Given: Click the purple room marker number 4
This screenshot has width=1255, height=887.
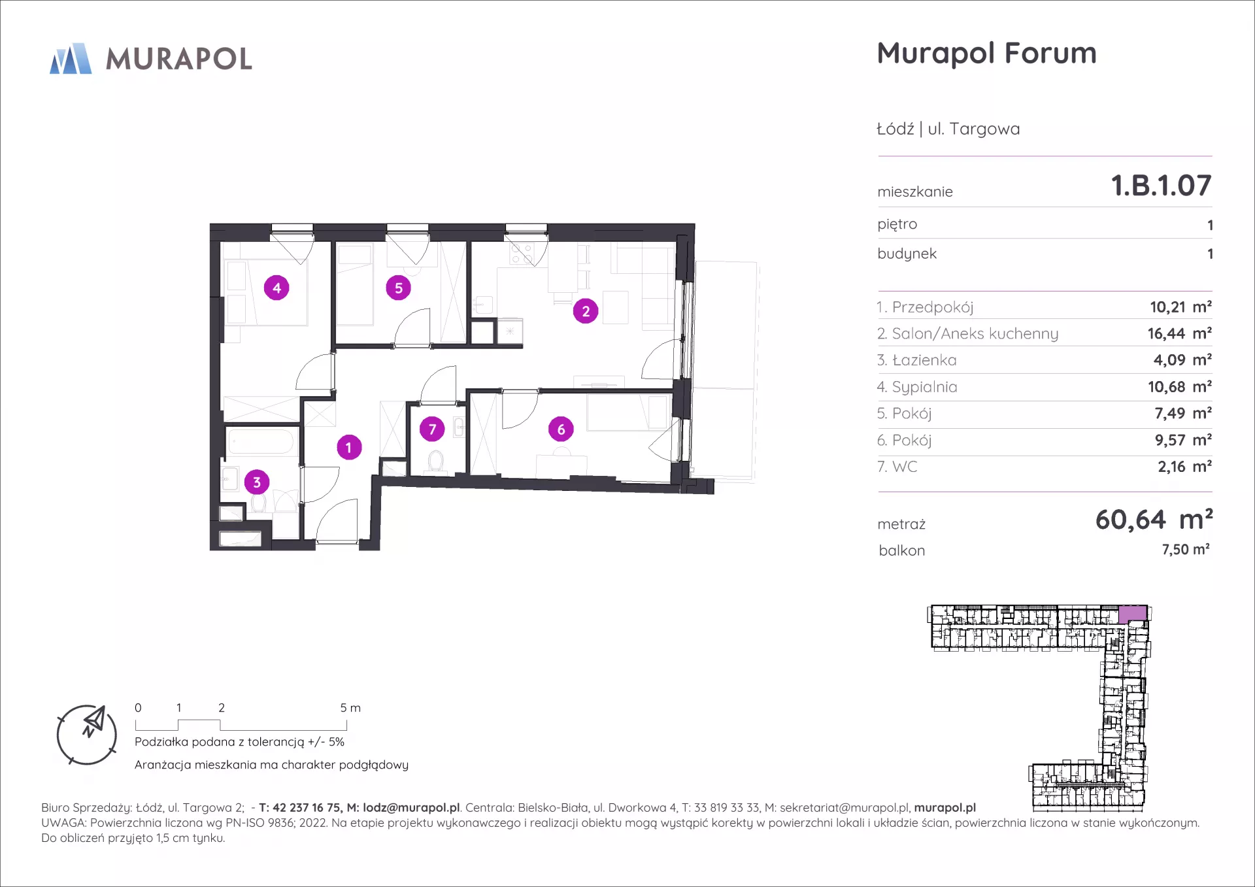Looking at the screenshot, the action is pyautogui.click(x=276, y=288).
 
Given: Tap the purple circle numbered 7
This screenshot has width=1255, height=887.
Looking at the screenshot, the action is pyautogui.click(x=432, y=429).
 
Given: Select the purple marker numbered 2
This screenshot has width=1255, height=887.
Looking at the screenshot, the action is pyautogui.click(x=586, y=311).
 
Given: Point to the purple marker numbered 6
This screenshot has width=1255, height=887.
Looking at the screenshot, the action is pyautogui.click(x=561, y=429).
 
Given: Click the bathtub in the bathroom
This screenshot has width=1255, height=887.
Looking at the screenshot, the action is pyautogui.click(x=260, y=441).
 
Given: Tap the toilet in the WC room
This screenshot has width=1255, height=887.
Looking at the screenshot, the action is pyautogui.click(x=435, y=461).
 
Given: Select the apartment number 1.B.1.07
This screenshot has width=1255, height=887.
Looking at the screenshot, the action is pyautogui.click(x=1162, y=186).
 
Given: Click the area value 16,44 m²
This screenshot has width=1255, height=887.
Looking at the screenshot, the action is pyautogui.click(x=1180, y=333).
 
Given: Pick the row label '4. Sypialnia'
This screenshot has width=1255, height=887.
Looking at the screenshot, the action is pyautogui.click(x=917, y=387).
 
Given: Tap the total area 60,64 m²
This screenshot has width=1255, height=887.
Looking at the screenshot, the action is pyautogui.click(x=1154, y=520).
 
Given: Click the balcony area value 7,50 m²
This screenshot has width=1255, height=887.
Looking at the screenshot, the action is pyautogui.click(x=1186, y=550).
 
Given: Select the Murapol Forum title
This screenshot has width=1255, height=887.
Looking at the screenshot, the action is pyautogui.click(x=987, y=54).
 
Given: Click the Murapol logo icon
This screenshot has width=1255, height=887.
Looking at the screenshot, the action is pyautogui.click(x=71, y=59).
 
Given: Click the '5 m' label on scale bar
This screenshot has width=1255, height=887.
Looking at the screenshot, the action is pyautogui.click(x=350, y=708).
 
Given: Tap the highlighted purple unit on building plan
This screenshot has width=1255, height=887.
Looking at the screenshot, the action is pyautogui.click(x=1132, y=613).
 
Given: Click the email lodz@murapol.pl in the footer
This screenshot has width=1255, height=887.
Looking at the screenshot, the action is pyautogui.click(x=411, y=808).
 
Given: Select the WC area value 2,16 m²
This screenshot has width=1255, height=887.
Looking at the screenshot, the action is pyautogui.click(x=1185, y=467).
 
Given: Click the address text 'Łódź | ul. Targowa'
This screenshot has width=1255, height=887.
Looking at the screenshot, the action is pyautogui.click(x=948, y=129).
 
